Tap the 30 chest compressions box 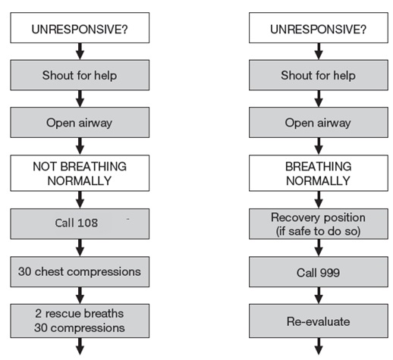click(80, 270)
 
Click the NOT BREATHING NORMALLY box click(80, 174)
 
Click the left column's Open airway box click(80, 123)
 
